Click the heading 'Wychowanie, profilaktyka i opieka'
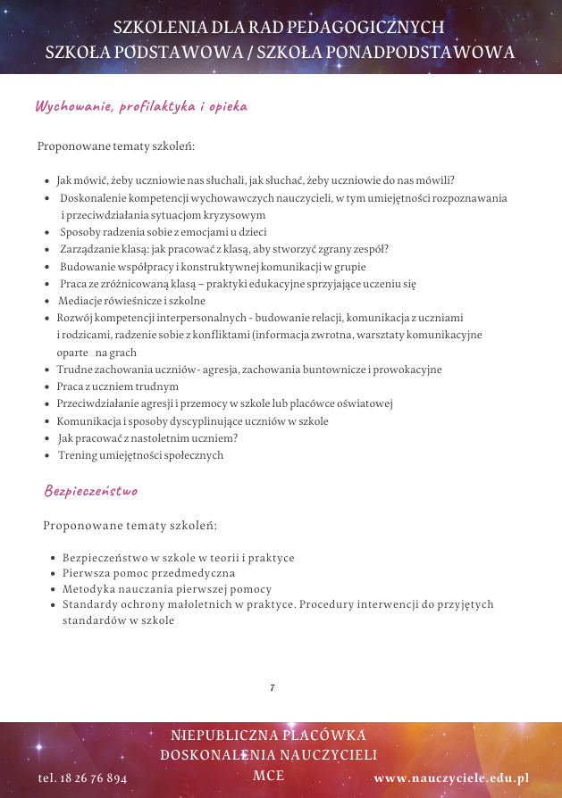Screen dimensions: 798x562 (140, 106)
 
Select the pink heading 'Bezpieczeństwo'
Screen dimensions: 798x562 (91, 491)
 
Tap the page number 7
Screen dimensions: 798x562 (272, 687)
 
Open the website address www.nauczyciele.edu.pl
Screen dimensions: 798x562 (451, 778)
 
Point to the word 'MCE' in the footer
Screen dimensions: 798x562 (269, 775)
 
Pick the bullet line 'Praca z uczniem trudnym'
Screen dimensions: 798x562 (118, 387)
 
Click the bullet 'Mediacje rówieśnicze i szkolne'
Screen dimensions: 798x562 (132, 301)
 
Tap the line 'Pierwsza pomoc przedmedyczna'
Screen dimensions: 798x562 (149, 573)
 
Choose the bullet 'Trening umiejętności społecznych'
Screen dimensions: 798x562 (141, 455)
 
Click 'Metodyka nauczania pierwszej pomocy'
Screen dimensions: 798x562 (167, 589)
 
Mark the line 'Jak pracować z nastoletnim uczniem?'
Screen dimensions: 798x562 (148, 438)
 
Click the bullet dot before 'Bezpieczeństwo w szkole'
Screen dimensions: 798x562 (54, 559)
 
